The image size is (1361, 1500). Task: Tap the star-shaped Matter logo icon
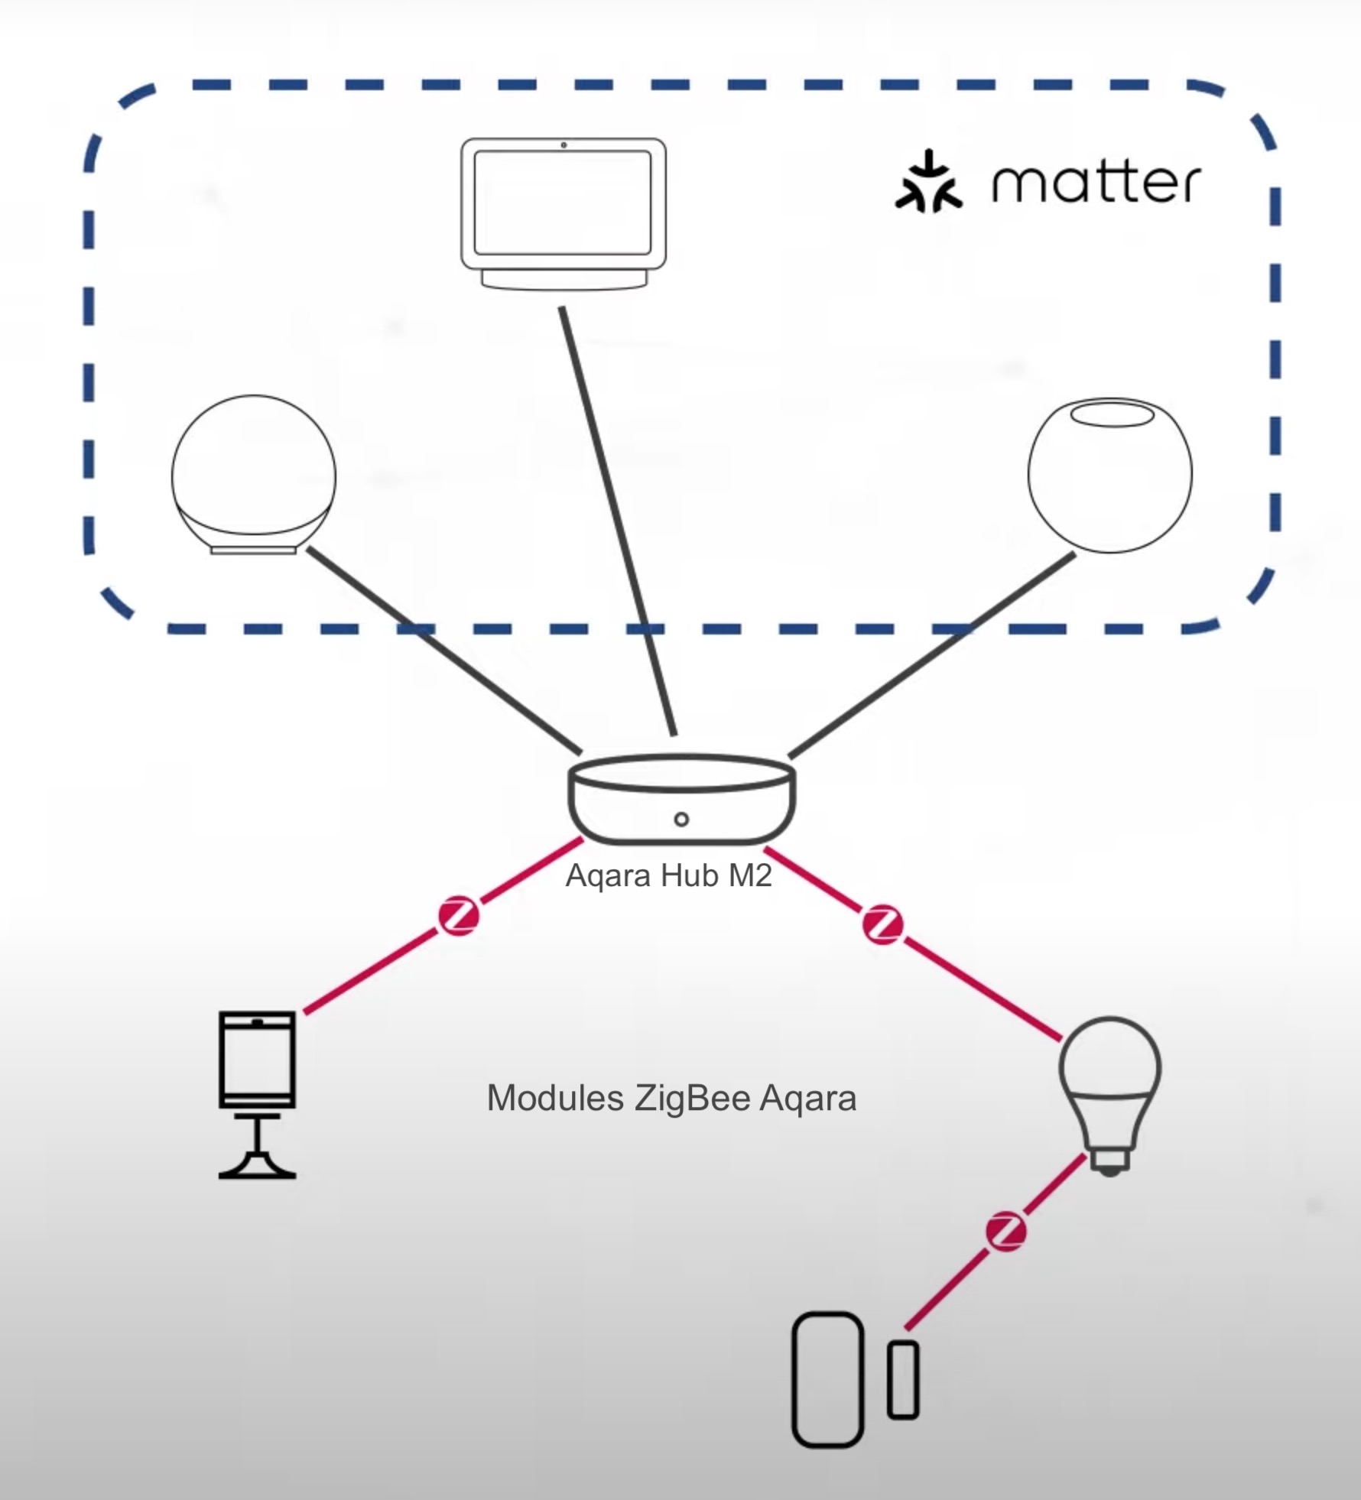point(928,182)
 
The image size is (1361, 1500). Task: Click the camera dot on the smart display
point(564,145)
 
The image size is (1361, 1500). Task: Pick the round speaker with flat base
point(253,474)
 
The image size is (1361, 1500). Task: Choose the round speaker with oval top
point(1109,474)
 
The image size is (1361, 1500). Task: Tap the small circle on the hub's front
point(681,820)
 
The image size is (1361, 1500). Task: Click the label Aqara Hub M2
point(668,875)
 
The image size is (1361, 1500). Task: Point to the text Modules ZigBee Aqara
point(671,1099)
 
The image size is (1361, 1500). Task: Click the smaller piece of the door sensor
point(903,1380)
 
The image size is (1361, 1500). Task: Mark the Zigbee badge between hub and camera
point(459,917)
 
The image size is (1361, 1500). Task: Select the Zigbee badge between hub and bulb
point(882,926)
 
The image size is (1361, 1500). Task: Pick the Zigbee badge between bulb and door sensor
point(1005,1232)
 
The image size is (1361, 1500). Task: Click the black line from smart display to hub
point(618,520)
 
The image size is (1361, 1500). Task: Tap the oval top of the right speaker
point(1111,414)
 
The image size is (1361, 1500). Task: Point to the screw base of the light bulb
point(1110,1161)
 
